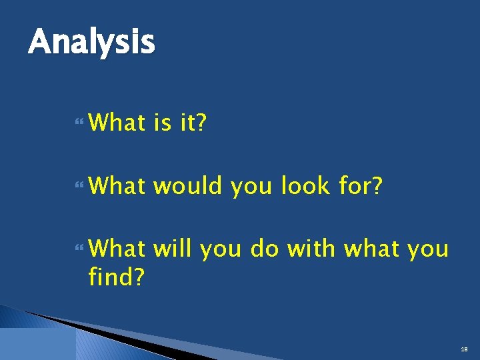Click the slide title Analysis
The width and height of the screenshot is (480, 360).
point(91,43)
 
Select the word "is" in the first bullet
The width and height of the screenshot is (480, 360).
point(163,123)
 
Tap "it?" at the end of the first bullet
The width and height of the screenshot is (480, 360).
point(193,123)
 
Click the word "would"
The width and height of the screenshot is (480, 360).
point(189,187)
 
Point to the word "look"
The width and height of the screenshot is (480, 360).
point(305,187)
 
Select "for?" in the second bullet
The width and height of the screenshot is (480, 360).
point(361,187)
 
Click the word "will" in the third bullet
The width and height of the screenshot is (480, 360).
point(172,249)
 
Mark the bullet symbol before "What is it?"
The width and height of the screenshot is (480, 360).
point(81,123)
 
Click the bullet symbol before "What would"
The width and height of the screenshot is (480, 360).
point(81,187)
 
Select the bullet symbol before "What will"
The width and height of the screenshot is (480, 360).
point(81,249)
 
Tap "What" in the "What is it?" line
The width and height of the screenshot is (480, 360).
point(117,123)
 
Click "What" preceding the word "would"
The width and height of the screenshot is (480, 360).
point(117,187)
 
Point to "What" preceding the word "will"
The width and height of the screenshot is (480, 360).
point(117,249)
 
